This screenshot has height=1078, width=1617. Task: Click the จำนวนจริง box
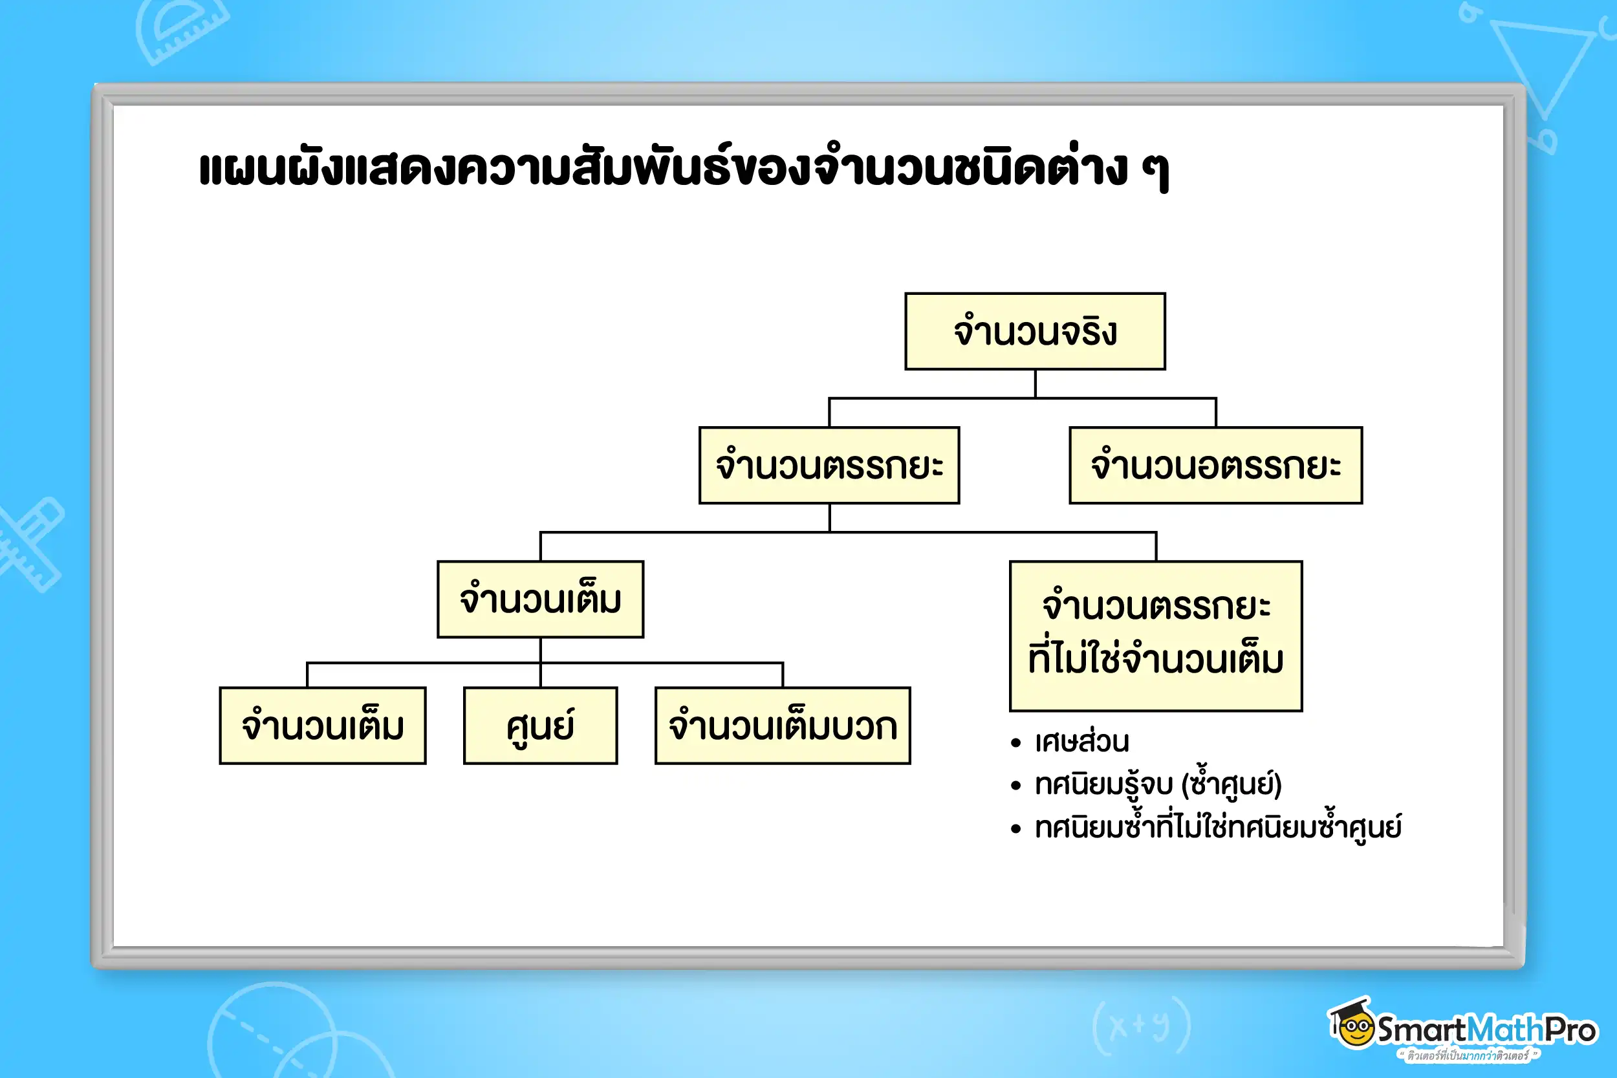pos(1035,331)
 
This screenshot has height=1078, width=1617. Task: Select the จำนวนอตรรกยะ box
pos(1215,466)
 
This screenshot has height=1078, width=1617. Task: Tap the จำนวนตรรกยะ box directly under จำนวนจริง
pos(829,466)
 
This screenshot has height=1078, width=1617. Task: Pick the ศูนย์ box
pos(540,726)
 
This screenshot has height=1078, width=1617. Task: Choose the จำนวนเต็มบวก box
pos(783,726)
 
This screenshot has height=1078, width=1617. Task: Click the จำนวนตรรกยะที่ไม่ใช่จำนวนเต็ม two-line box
pos(1156,636)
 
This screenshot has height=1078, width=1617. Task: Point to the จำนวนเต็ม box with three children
pos(540,599)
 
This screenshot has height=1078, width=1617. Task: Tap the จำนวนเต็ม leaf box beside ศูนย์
pos(323,726)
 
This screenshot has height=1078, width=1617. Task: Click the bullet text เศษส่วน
pos(1081,742)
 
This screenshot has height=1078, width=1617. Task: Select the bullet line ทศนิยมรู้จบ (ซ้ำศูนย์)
pos(1158,784)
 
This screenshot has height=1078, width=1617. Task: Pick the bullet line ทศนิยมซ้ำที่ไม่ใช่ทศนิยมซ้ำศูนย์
pos(1217,827)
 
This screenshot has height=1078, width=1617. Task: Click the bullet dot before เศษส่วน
pos(1016,743)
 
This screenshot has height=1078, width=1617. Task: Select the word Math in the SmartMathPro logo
pos(1506,1029)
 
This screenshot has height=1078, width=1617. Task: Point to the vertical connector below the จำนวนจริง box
pos(1036,383)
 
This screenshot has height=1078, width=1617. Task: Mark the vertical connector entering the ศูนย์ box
pos(540,675)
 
